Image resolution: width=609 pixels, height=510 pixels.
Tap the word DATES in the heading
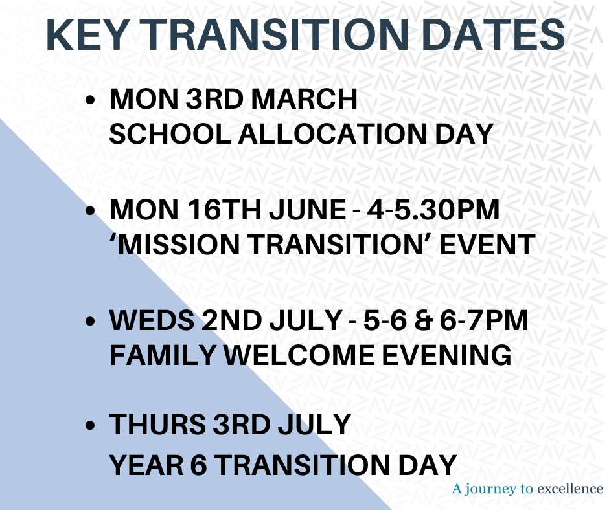tap(493, 34)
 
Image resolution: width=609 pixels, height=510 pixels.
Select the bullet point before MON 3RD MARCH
tap(90, 100)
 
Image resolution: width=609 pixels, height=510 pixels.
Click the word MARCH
tap(304, 99)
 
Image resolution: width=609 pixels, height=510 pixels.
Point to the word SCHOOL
tap(170, 134)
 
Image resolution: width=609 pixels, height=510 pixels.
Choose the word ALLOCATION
tap(333, 134)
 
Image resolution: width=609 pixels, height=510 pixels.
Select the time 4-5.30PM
tap(433, 210)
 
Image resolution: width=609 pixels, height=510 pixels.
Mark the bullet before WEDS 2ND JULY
tap(90, 322)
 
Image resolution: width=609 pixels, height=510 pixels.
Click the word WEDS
tap(152, 320)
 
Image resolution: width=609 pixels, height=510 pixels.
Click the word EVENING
tap(446, 355)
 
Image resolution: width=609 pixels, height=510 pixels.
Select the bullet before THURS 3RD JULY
tap(90, 425)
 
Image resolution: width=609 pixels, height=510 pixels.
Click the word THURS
tap(157, 424)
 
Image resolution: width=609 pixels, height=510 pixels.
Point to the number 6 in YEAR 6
tap(199, 465)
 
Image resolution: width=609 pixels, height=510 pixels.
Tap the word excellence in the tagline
tap(571, 488)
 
